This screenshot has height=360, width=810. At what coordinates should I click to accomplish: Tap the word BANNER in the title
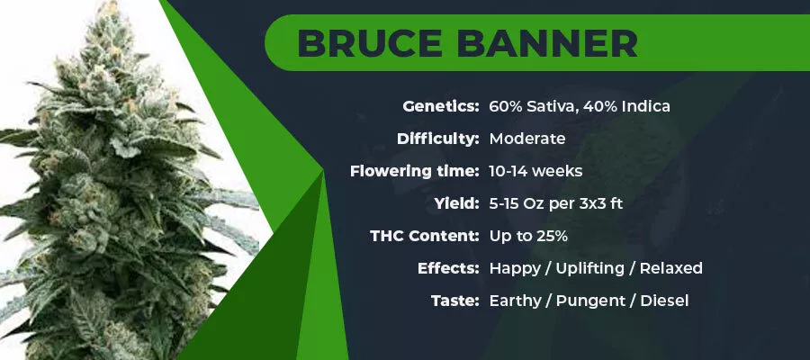[547, 43]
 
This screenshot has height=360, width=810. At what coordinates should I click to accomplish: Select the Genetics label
[441, 107]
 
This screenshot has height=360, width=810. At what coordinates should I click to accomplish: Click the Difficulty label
[438, 139]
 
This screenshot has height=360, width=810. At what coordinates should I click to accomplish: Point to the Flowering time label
[415, 171]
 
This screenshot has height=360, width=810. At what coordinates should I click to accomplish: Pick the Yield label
[456, 203]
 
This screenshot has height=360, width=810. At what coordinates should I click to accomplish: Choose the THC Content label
[425, 236]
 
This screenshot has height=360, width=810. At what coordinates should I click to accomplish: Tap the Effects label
[448, 268]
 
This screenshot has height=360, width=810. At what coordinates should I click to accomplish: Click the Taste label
[455, 301]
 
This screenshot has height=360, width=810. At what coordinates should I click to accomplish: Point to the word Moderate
[526, 139]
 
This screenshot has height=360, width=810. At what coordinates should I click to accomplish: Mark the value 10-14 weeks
[535, 171]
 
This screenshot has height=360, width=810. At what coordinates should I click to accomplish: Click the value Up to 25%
[528, 236]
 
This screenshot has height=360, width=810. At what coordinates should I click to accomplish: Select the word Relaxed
[671, 268]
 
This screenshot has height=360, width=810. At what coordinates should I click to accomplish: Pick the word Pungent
[590, 301]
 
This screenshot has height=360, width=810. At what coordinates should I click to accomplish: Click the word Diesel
[664, 301]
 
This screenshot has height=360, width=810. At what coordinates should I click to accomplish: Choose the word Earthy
[515, 301]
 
